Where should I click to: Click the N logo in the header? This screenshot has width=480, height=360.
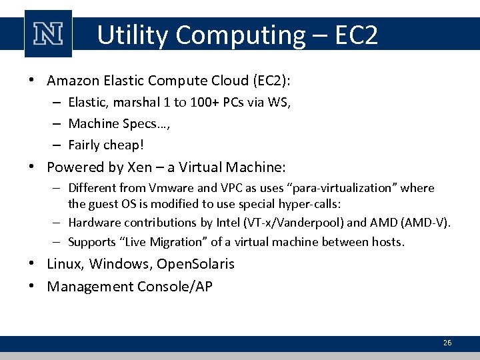[x=48, y=34]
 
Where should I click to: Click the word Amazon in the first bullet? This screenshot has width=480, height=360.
[x=73, y=81]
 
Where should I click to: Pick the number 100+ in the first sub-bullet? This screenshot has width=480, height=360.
[x=188, y=103]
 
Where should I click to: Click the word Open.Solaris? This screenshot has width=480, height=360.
[x=195, y=264]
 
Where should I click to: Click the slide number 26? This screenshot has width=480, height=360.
[x=447, y=343]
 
